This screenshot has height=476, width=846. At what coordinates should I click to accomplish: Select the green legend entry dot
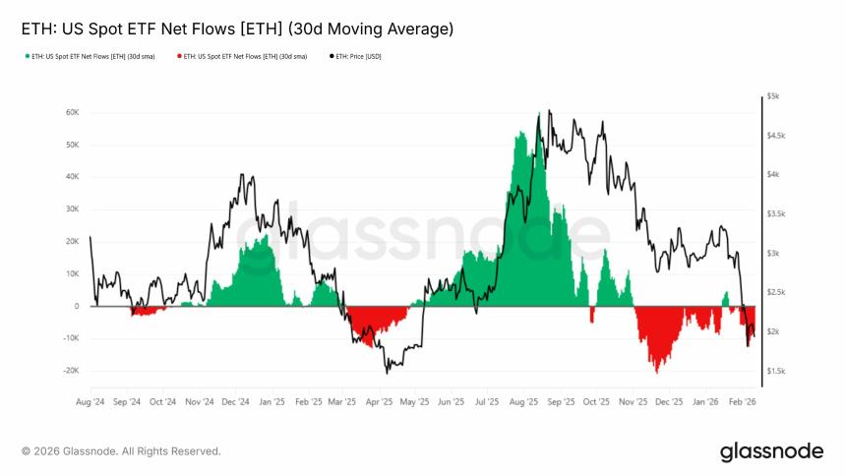tap(27, 56)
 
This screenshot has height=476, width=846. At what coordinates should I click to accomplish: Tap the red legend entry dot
tap(178, 56)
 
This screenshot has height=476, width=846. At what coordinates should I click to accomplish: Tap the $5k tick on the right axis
tap(773, 96)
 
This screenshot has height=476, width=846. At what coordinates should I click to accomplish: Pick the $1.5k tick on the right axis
tap(775, 371)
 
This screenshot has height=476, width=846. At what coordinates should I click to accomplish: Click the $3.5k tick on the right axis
tap(775, 213)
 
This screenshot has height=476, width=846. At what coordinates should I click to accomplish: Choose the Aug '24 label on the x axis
tap(90, 401)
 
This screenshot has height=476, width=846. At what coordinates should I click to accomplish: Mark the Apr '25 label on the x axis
tap(380, 401)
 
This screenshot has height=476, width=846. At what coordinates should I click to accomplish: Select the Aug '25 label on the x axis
tap(524, 401)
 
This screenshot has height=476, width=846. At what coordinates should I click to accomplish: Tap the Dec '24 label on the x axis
tap(235, 401)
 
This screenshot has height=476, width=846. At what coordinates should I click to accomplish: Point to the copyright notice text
tap(121, 451)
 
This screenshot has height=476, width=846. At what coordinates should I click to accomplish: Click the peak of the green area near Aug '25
tap(518, 130)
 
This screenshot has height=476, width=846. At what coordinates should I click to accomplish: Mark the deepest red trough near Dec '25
tap(656, 373)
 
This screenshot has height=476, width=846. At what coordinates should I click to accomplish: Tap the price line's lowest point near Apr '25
tap(387, 373)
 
